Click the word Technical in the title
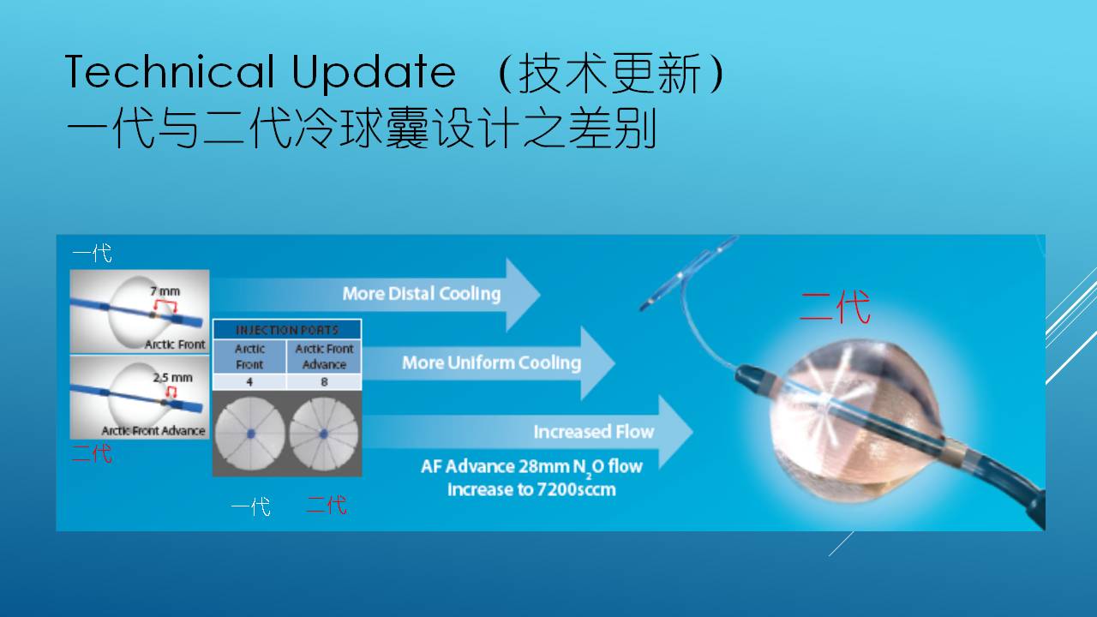pos(170,71)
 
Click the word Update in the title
pos(375,74)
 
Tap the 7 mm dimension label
pos(165,291)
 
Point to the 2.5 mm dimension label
pos(172,378)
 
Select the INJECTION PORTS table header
pos(287,330)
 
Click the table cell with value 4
pos(249,382)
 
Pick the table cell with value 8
pos(324,382)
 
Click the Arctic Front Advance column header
pos(324,356)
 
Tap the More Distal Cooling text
pos(422,294)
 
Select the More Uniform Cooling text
pos(492,362)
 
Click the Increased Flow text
pos(594,432)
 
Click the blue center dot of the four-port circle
pos(251,434)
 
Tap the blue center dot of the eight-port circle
pos(323,434)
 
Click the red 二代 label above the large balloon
pos(835,307)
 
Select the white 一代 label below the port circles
pos(251,506)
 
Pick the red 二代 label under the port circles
pos(327,505)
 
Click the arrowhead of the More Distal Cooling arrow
pos(523,295)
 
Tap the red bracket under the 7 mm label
pos(165,306)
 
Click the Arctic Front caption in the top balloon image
pos(175,344)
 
